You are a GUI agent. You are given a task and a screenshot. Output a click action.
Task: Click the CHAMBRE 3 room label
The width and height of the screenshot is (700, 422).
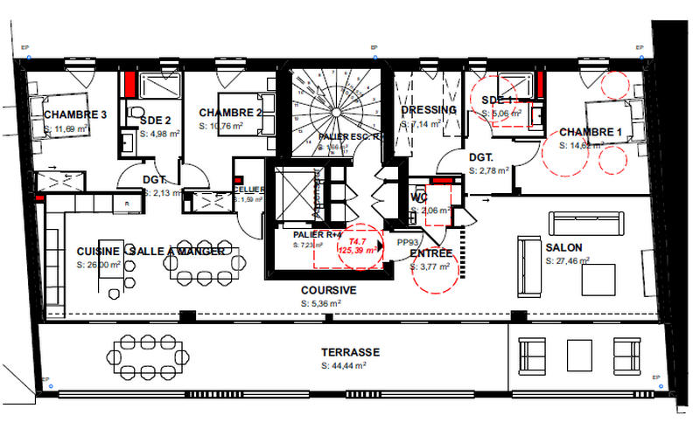point(74,114)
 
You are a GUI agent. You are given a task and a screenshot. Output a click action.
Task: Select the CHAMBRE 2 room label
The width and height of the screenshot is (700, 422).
point(231,113)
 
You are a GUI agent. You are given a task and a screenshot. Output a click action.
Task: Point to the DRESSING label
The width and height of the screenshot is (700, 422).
point(428,110)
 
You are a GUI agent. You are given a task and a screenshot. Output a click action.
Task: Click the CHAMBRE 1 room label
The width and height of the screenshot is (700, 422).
point(591,132)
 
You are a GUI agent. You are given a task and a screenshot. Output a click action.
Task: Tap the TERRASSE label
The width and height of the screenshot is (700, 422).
point(350,352)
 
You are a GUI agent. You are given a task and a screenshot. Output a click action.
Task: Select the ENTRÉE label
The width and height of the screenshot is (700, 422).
point(431,253)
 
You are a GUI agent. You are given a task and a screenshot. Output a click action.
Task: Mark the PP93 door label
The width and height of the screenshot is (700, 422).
point(407,243)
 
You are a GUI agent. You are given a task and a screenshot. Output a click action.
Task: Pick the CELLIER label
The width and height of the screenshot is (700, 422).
point(248,190)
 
